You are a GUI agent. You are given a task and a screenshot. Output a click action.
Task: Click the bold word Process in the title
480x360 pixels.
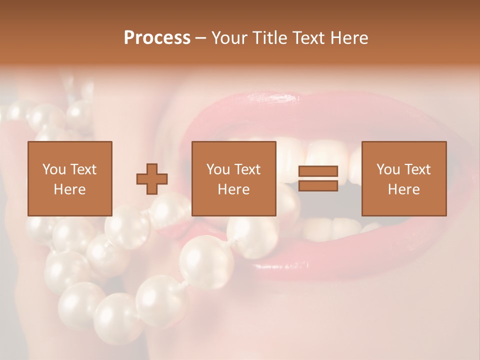pos(157,38)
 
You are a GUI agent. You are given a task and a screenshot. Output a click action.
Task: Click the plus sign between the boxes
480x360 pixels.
pos(152,179)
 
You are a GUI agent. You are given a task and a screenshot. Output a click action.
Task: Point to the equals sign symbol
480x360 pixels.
pos(318,178)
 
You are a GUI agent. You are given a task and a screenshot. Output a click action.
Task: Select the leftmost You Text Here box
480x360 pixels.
pos(69,178)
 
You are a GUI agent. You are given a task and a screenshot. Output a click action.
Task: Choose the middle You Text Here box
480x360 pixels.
pos(233,178)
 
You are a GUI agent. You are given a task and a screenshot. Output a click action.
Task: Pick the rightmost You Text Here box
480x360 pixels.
pos(403,178)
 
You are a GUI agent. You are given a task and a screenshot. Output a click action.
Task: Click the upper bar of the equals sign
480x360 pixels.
pos(318,171)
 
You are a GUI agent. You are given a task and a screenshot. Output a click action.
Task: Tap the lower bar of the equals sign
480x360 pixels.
pos(318,185)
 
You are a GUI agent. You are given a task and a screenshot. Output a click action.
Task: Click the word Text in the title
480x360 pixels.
pos(308,38)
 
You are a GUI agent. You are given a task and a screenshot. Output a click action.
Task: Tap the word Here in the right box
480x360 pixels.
pos(403,189)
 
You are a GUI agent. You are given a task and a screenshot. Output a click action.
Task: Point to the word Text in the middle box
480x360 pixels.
pos(248,169)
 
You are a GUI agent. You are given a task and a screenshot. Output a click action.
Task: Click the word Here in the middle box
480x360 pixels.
pos(233,189)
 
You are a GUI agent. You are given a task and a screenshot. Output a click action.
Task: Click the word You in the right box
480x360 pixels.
pos(388,169)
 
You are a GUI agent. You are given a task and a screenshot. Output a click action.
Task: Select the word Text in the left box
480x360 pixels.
pos(84,169)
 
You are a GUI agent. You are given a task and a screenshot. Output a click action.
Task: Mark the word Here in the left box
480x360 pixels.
pos(69,189)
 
